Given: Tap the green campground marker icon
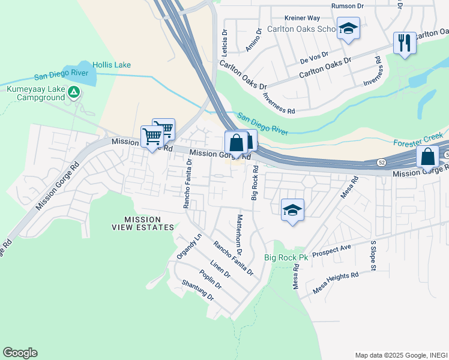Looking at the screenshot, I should point(73,92).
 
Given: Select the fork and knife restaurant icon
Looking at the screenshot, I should point(405,43).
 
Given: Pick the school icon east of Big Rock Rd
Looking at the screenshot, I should point(292,209).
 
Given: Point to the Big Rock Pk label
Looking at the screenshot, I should point(286,257).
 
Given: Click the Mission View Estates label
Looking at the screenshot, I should point(143,223).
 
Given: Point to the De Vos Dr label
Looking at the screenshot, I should point(314,58).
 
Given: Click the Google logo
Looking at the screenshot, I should point(20,353).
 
